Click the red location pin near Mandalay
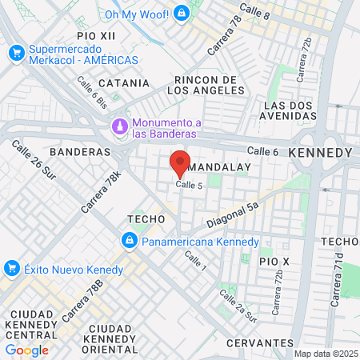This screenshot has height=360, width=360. click(180, 162)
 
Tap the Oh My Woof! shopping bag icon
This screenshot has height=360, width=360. click(182, 13)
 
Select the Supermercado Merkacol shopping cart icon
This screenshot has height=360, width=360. click(16, 53)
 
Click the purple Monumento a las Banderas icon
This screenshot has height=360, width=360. click(119, 126)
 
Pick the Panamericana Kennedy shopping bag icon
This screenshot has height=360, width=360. click(128, 241)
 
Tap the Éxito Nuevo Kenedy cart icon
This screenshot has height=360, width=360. click(11, 267)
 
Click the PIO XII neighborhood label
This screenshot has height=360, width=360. click(97, 37)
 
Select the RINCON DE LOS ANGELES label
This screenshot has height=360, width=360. click(206, 85)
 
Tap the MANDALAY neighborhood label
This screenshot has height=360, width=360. click(222, 167)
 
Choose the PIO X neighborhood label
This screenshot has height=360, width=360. click(274, 262)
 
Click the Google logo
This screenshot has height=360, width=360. click(27, 350)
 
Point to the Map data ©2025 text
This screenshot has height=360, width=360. click(326, 354)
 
